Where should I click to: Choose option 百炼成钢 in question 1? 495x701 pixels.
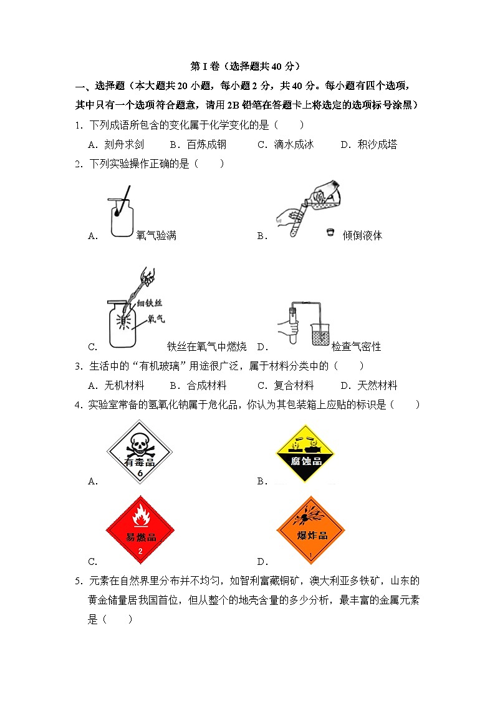[206, 144]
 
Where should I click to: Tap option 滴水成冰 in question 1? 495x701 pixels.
[294, 144]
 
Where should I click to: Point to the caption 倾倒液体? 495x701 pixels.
[362, 235]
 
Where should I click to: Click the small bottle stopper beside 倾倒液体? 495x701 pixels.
[330, 233]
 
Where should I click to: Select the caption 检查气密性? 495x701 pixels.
[356, 346]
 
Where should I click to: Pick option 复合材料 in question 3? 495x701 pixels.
[294, 385]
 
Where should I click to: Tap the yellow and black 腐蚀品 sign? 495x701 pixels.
[306, 454]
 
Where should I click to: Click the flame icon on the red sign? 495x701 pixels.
[140, 518]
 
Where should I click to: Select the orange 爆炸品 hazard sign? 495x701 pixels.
[311, 531]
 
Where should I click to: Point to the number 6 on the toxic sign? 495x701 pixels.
[140, 474]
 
